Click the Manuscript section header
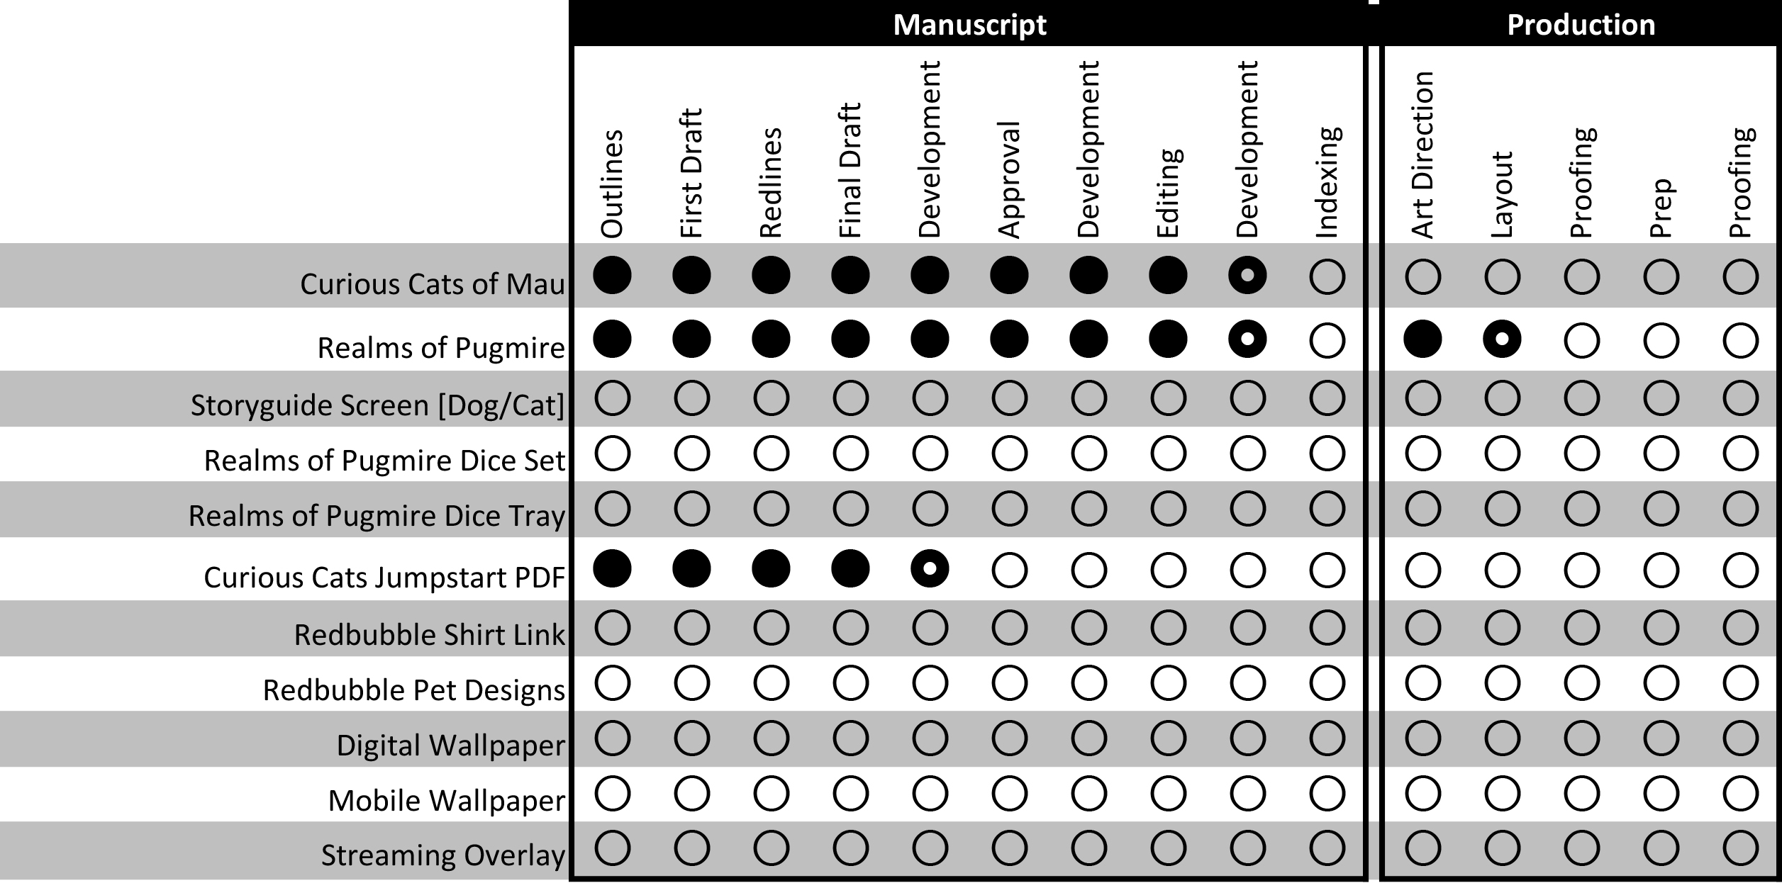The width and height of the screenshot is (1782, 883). [x=969, y=25]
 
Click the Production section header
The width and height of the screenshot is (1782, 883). [x=1581, y=25]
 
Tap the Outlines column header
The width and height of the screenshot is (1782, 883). [x=612, y=183]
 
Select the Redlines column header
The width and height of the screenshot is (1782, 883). [x=771, y=182]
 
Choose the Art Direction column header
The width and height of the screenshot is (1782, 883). [x=1422, y=154]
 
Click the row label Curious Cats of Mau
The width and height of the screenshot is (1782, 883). [x=432, y=284]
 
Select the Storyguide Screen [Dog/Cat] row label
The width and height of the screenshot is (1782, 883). [x=377, y=405]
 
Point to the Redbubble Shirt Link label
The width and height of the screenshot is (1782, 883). [x=429, y=635]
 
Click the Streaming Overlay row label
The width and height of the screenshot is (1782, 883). [x=442, y=855]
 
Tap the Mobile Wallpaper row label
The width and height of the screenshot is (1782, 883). [x=446, y=801]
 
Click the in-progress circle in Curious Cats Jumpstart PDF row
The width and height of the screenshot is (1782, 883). [x=930, y=569]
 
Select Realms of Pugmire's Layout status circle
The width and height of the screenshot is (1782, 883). [x=1502, y=339]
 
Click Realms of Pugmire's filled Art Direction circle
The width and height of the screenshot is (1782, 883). [x=1422, y=339]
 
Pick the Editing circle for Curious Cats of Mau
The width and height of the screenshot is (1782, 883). [x=1168, y=276]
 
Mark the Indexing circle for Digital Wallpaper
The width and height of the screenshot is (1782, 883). [x=1327, y=738]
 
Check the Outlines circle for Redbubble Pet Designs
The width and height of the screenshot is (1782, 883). [x=612, y=683]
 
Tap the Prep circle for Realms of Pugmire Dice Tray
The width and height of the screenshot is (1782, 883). [x=1661, y=509]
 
